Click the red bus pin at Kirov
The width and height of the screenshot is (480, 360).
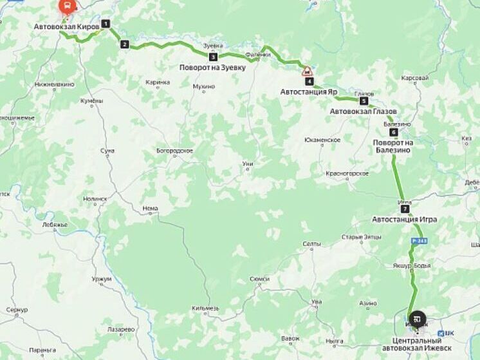[66, 7]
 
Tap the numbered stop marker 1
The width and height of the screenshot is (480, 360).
[106, 24]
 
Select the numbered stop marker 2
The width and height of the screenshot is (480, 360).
[124, 44]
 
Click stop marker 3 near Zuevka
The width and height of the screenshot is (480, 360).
[212, 57]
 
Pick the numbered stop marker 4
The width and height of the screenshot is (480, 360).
[309, 81]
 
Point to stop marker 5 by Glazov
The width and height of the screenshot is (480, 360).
[364, 100]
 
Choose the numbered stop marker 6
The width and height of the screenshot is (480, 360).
[393, 131]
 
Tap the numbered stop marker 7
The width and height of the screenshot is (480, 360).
[404, 209]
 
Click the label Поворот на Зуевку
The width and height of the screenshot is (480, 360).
[212, 67]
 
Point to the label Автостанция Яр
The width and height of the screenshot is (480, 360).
[309, 92]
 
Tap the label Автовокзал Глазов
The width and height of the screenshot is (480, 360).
[363, 111]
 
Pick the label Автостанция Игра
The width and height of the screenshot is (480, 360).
[404, 220]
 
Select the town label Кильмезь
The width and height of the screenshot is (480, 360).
[205, 308]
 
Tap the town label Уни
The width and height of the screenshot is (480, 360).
[248, 164]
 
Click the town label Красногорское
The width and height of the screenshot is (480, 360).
[347, 174]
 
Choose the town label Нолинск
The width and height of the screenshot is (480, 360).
[95, 199]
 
